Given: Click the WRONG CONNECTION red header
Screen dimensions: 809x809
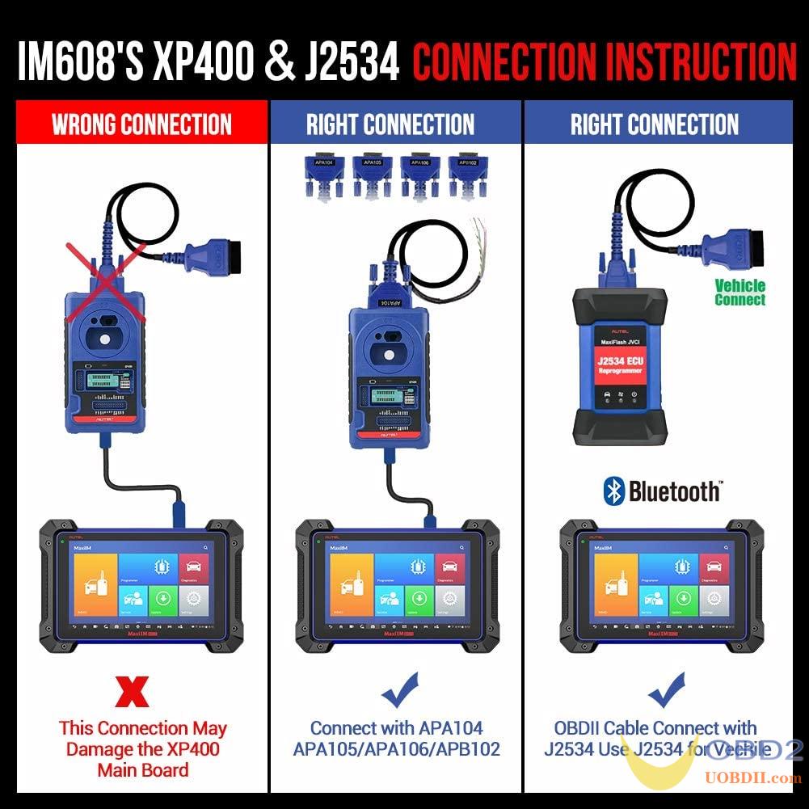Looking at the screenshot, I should point(141,124).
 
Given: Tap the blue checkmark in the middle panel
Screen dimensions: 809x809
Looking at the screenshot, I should point(401,691).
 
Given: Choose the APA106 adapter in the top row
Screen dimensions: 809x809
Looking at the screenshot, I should point(420,174).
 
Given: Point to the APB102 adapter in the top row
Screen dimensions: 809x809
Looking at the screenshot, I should point(470,174).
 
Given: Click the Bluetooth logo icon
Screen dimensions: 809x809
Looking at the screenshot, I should point(615,491).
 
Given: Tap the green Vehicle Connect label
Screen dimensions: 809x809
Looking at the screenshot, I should point(739,293).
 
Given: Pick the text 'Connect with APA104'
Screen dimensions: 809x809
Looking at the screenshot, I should point(396,729).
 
